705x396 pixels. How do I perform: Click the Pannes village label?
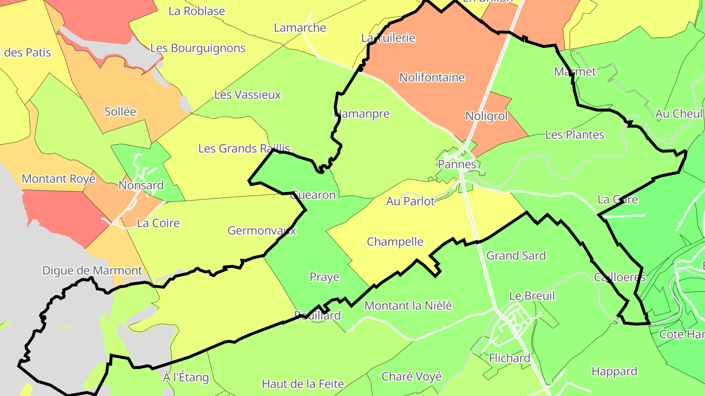point(457,164)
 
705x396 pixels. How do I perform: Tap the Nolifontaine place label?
point(432,77)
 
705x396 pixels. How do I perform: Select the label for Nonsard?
point(141,185)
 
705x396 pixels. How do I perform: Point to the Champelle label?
point(395,242)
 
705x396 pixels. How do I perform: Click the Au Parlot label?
point(410,201)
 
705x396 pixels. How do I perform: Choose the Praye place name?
point(324,277)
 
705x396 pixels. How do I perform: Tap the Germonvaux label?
point(262,230)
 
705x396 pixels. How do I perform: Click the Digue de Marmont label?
point(92,270)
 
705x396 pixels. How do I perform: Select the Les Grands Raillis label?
point(244,148)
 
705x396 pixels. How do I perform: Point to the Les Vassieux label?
point(248,94)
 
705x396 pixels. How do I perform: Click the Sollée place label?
point(120,111)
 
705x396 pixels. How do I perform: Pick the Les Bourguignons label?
point(198,48)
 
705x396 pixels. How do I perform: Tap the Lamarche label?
point(300,27)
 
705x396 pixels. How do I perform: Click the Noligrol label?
point(486,116)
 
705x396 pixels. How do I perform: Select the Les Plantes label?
point(575,134)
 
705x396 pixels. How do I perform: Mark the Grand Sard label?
point(516,256)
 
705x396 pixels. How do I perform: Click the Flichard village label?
point(510,358)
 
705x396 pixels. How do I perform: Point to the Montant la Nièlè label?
point(408,306)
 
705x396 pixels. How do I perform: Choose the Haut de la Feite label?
point(303,384)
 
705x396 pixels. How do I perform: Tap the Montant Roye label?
point(58,178)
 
